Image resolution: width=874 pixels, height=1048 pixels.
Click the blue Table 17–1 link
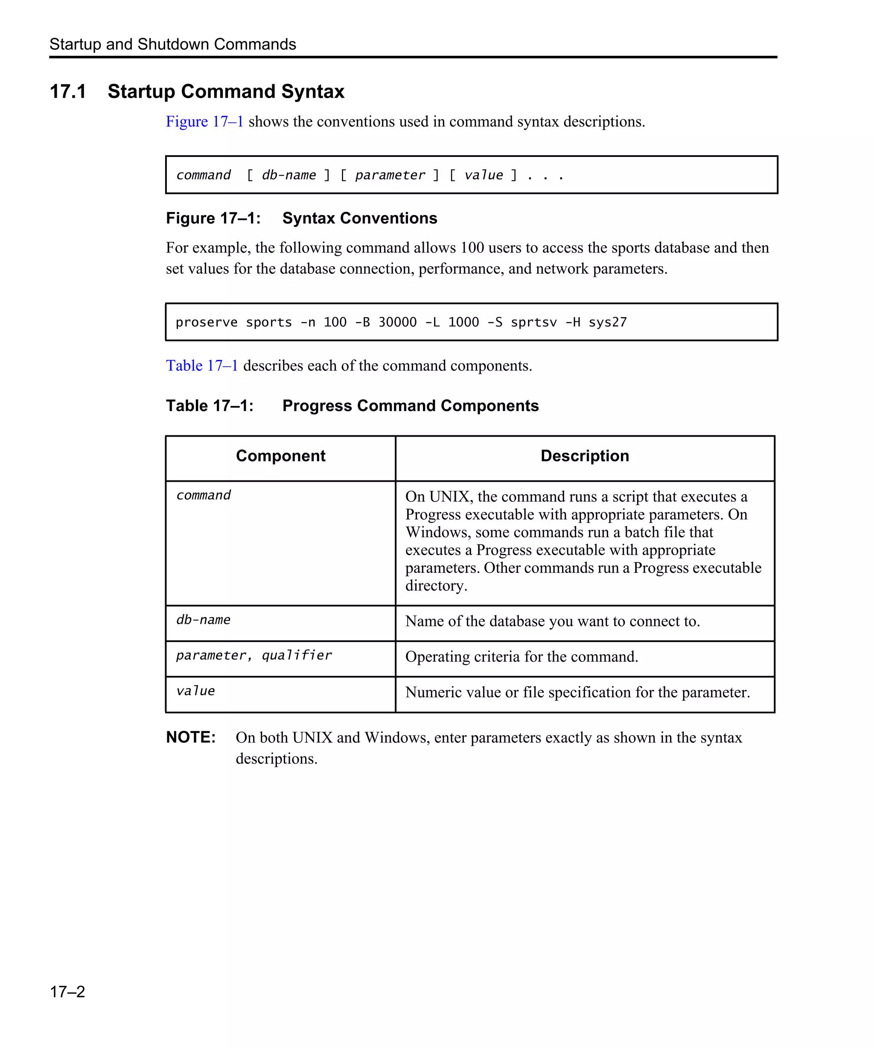click(x=202, y=365)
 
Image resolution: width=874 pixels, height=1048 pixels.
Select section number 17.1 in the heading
click(x=68, y=91)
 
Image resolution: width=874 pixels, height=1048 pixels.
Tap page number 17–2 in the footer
click(x=67, y=991)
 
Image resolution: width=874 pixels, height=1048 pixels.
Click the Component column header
click(x=280, y=456)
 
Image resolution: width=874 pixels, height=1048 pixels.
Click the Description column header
click(x=584, y=456)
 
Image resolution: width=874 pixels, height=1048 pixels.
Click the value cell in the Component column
click(x=195, y=691)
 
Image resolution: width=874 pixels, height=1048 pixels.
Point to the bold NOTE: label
click(x=191, y=737)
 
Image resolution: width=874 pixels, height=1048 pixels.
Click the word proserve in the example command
click(x=206, y=322)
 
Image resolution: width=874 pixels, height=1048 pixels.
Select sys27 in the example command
click(x=607, y=322)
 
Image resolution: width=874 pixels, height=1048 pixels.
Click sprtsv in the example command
click(x=533, y=322)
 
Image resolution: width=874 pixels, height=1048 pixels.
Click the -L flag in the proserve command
click(x=432, y=322)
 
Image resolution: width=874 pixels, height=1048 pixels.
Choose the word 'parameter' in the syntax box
click(x=390, y=175)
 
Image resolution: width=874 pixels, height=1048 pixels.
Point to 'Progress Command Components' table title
click(x=410, y=406)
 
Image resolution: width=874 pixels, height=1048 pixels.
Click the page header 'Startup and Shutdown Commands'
click(x=173, y=44)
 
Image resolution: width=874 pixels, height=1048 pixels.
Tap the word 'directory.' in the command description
click(x=436, y=585)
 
